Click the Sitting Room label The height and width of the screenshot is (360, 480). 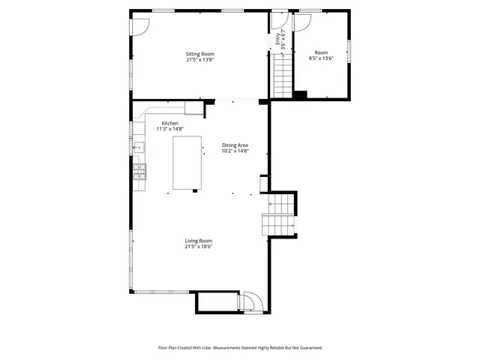click(200, 54)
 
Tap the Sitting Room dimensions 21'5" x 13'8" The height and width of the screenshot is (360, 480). click(200, 60)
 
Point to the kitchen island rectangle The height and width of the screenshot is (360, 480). click(188, 163)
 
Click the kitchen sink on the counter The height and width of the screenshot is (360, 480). click(138, 148)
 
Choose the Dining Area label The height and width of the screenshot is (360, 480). click(235, 145)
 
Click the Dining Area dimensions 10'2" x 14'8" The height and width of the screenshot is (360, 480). click(235, 151)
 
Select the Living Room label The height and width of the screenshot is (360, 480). click(199, 241)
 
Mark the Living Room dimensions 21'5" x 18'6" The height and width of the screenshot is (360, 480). click(199, 247)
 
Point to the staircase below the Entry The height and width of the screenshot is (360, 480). click(281, 75)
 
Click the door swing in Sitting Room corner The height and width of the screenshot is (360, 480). click(140, 25)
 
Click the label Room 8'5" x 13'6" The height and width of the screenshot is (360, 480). click(321, 55)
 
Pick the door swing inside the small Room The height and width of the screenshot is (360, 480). click(301, 22)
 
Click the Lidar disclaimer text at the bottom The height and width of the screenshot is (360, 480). click(239, 348)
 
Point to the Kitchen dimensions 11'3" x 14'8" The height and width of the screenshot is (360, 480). click(170, 129)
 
